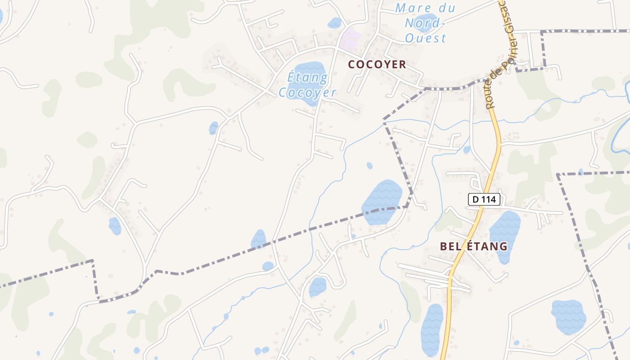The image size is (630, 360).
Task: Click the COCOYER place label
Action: pyautogui.click(x=377, y=64)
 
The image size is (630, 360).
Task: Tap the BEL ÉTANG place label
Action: pyautogui.click(x=473, y=246)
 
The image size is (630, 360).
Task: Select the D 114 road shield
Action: pyautogui.click(x=484, y=199)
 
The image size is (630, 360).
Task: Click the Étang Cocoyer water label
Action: pyautogui.click(x=307, y=85)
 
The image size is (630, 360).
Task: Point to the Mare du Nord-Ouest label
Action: pyautogui.click(x=425, y=22)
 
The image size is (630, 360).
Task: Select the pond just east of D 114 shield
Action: pyautogui.click(x=505, y=236)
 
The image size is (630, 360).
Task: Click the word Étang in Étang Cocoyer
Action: pyautogui.click(x=307, y=77)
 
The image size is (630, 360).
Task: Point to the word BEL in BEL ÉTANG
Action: pyautogui.click(x=451, y=246)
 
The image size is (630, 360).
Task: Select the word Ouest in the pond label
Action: pyautogui.click(x=425, y=38)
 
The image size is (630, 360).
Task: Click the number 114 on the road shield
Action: pyautogui.click(x=489, y=199)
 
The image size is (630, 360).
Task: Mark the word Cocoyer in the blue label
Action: pyautogui.click(x=307, y=92)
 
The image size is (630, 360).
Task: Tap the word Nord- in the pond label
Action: pyautogui.click(x=425, y=22)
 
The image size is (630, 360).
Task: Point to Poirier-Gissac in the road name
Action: pyautogui.click(x=504, y=40)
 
